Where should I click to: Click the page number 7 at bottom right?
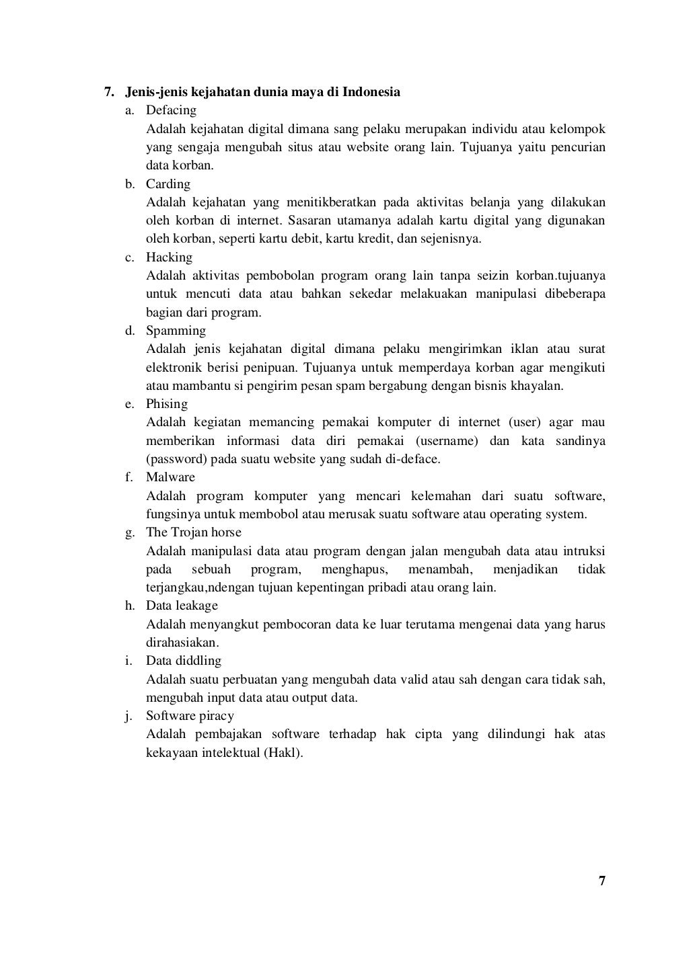(602, 881)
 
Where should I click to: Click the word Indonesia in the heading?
(371, 91)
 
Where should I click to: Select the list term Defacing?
(171, 110)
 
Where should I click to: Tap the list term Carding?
(168, 184)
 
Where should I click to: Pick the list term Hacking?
(169, 257)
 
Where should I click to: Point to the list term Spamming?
(176, 331)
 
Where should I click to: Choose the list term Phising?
(167, 404)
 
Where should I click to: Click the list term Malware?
(170, 477)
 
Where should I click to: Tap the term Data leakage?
(182, 606)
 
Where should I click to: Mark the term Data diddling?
(184, 661)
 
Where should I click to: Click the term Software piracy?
(190, 716)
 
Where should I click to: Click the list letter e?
(129, 404)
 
